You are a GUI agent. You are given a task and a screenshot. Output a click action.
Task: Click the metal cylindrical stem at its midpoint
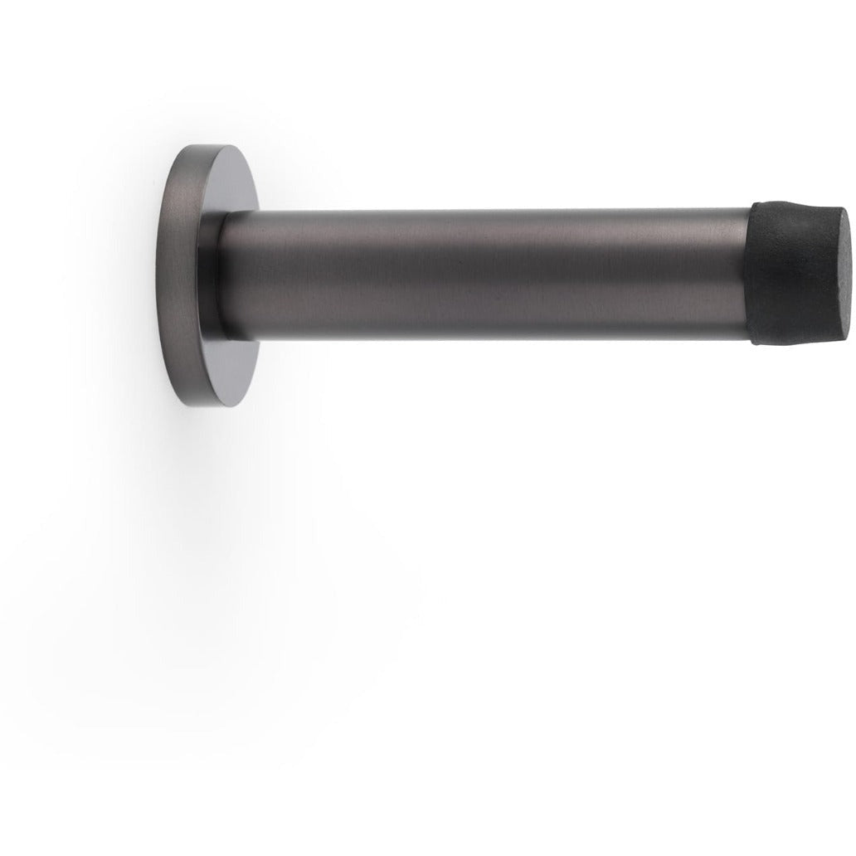click(489, 274)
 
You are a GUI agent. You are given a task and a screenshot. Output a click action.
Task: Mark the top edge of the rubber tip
click(792, 202)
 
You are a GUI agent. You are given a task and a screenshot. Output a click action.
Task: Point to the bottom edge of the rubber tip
click(792, 342)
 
